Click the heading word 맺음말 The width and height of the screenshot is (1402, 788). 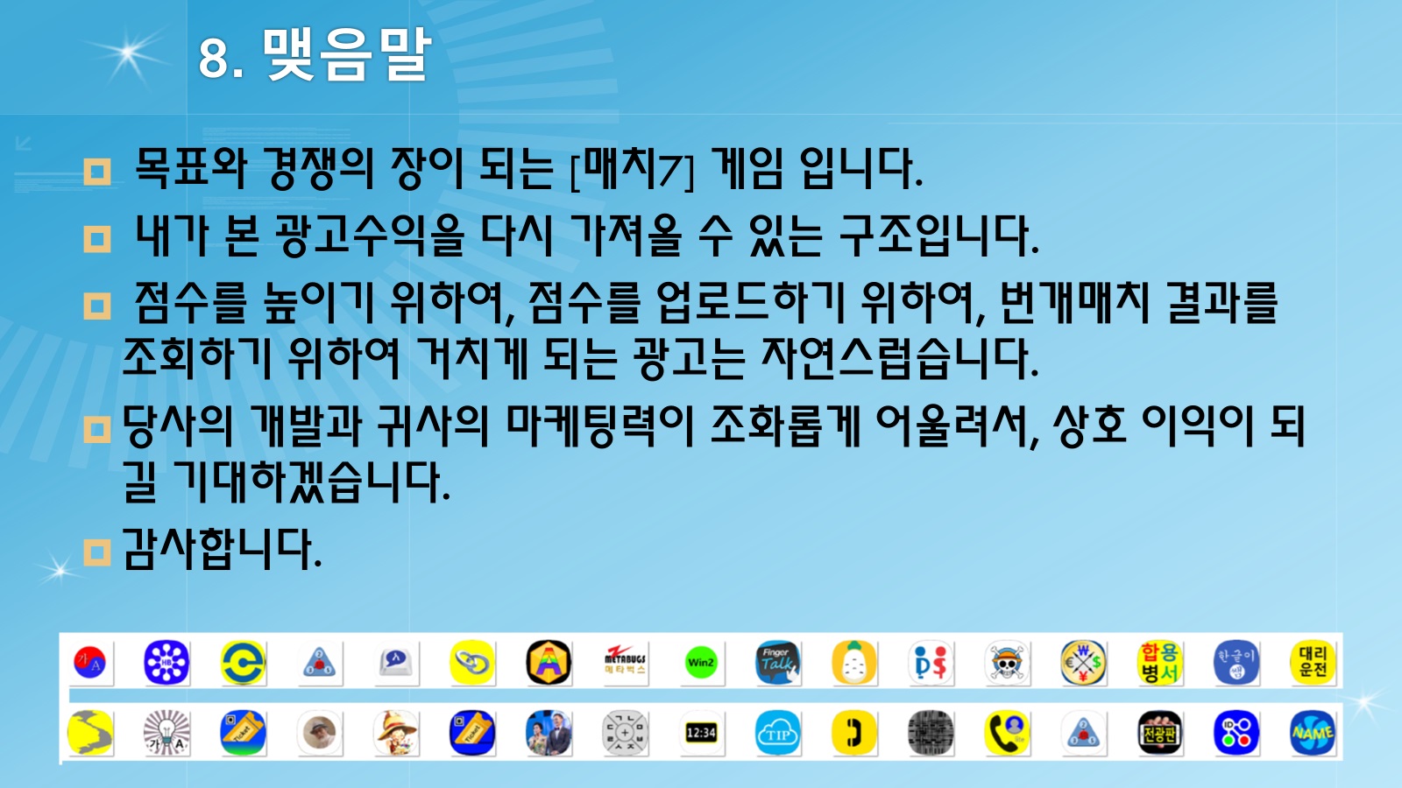coord(347,55)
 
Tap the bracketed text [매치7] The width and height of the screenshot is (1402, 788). coord(633,169)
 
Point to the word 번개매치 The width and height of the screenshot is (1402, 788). coord(1074,303)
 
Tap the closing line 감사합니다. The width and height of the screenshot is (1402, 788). coord(223,549)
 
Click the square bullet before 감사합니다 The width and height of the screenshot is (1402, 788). coord(97,552)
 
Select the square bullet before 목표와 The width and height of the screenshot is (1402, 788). coord(97,172)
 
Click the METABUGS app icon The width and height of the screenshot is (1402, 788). coord(625,663)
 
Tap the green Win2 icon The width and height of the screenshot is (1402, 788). coord(701,663)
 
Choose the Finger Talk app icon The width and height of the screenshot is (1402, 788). coord(777,663)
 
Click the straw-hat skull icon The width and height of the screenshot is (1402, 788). coord(1007,663)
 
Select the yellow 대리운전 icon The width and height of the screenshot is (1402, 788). coord(1313,663)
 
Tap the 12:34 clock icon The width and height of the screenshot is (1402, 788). coord(701,733)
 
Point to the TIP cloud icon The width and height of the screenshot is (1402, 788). coord(777,733)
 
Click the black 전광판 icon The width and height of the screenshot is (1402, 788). coord(1160,733)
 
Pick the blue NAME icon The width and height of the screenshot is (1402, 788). coord(1313,733)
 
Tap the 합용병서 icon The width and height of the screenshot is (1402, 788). coord(1160,663)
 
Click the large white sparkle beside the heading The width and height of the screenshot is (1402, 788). coord(128,53)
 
